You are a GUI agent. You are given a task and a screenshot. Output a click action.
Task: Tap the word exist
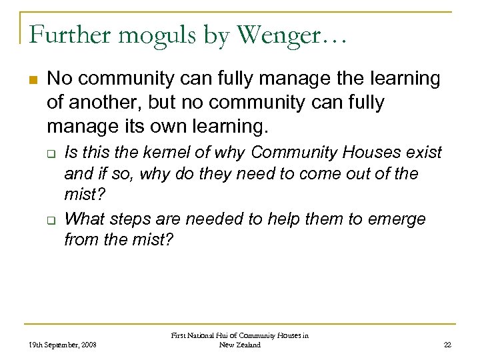425,153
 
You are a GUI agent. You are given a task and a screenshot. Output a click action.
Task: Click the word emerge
396,219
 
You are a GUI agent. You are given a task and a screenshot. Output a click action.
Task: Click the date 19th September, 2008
63,345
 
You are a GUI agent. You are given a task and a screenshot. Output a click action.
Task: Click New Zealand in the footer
239,345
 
